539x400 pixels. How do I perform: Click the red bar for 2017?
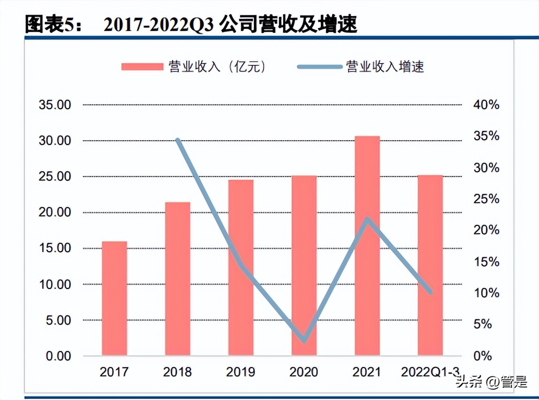114,298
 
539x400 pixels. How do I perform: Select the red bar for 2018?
177,279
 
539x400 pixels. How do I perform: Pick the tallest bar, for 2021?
367,246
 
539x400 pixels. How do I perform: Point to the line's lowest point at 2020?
304,340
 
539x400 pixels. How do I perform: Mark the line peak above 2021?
367,219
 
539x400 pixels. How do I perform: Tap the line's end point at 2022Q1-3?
430,292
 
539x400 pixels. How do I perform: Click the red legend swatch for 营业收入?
142,67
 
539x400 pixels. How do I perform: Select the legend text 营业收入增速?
385,67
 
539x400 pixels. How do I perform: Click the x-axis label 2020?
304,372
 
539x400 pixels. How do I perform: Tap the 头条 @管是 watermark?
491,382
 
